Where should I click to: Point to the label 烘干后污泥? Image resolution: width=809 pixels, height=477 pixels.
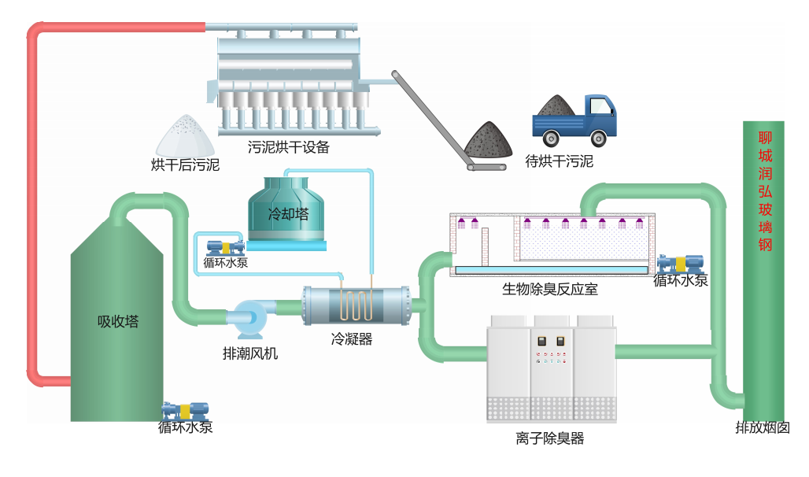coord(185,165)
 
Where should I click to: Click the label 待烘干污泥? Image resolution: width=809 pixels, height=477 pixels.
coord(559,162)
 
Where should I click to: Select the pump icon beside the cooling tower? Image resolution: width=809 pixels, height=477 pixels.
coord(220,247)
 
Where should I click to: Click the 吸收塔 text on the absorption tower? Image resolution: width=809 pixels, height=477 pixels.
coord(117,321)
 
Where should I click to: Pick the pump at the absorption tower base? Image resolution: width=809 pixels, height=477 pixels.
coord(185,410)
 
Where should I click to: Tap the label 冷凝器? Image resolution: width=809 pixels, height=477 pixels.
coord(351,339)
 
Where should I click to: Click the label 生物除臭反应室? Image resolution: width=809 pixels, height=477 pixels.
coord(549,289)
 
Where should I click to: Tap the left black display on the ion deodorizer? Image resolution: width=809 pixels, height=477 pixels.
coord(541,342)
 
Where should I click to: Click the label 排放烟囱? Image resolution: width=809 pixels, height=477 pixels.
coord(762,428)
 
